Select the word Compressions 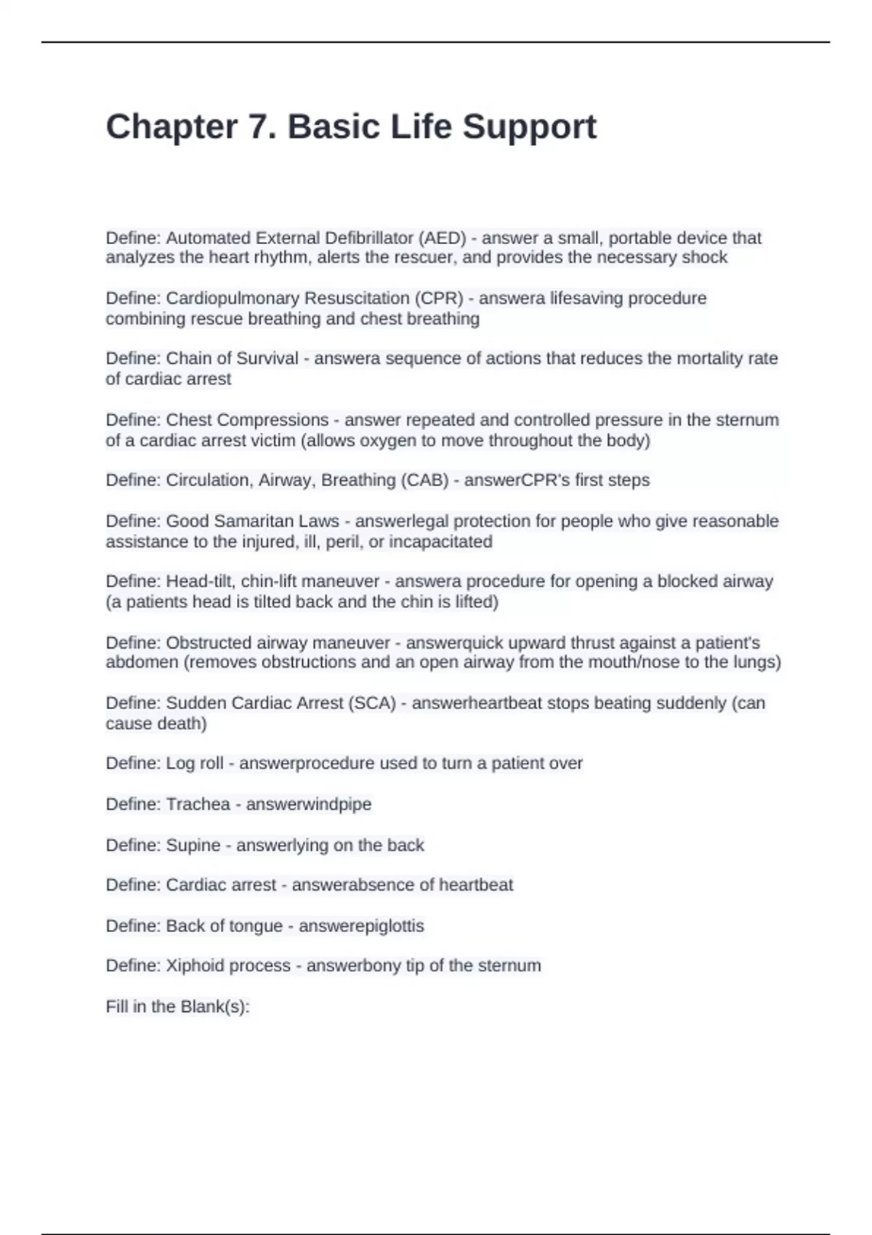[272, 420]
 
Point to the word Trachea [198, 804]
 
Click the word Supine [193, 846]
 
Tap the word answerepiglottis [361, 926]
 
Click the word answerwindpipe [309, 804]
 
